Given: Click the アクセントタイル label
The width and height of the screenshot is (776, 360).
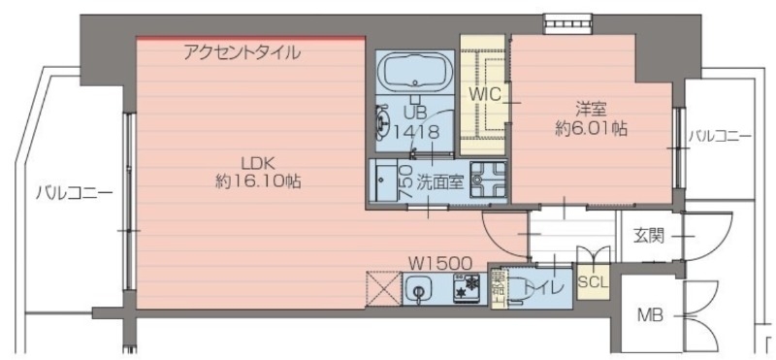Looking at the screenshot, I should click(242, 52).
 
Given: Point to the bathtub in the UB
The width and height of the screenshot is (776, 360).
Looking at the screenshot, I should click(414, 74).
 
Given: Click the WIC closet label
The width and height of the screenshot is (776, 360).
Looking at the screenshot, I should click(482, 94).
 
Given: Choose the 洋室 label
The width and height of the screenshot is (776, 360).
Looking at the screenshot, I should click(583, 109).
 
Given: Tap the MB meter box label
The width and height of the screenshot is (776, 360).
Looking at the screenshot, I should click(649, 316).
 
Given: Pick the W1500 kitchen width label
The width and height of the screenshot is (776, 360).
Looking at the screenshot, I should click(439, 262).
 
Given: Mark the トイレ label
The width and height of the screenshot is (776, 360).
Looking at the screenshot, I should click(537, 287).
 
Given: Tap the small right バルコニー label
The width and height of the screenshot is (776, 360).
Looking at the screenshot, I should click(719, 137).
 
